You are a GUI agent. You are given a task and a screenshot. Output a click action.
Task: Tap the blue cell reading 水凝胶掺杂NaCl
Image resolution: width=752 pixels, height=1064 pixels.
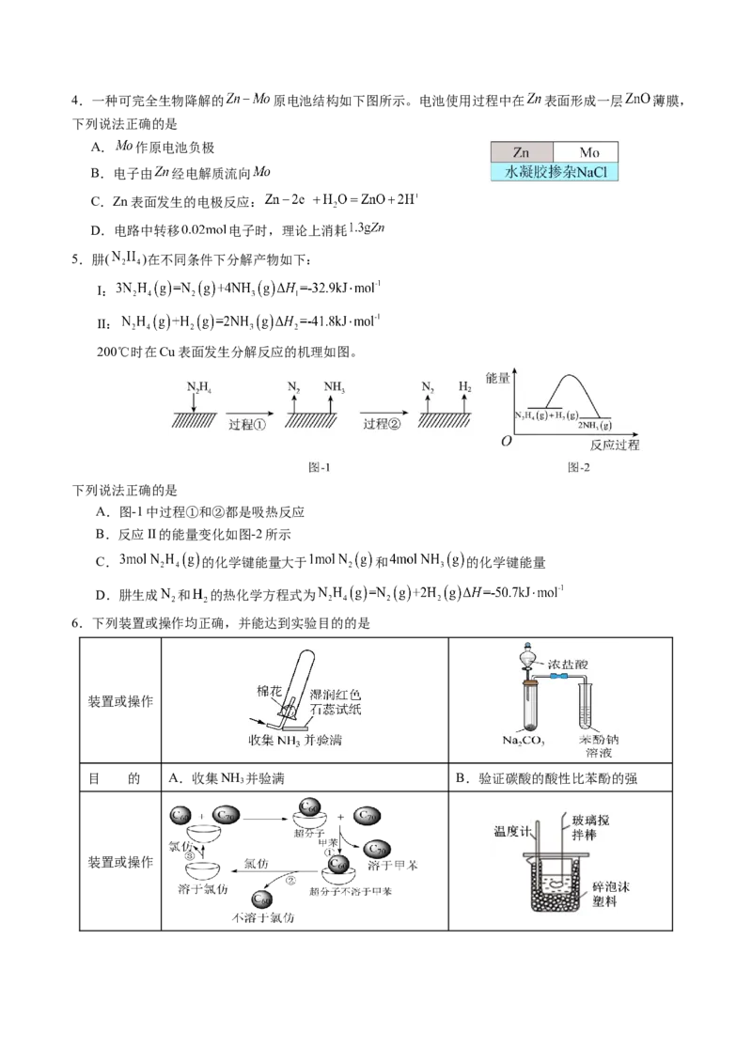553,173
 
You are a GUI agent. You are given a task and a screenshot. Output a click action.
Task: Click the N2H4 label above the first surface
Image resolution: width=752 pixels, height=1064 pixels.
198,385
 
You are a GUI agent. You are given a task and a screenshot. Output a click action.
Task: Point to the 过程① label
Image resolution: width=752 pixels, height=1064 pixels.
248,425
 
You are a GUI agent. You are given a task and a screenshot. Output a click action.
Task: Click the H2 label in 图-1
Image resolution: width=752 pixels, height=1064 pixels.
464,385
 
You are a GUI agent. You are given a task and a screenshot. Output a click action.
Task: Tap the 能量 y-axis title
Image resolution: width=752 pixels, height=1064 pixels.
498,378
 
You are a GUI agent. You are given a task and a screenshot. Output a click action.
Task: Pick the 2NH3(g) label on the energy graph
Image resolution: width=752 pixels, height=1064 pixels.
593,425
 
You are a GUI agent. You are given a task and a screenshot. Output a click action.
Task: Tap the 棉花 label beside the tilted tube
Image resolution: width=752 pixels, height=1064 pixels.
270,691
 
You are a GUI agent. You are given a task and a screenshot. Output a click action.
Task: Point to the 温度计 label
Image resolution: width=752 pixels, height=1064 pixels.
513,831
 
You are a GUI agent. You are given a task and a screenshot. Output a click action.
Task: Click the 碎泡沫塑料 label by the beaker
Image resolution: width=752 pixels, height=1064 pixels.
616,893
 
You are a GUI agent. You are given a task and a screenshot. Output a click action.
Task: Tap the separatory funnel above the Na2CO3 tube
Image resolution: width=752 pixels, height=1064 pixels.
530,663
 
